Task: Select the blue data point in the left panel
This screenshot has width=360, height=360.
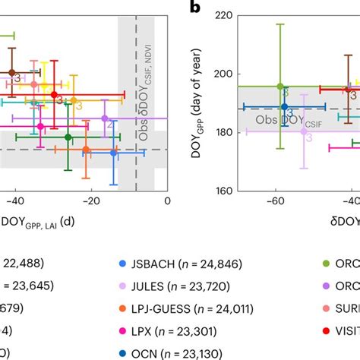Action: point(114,153)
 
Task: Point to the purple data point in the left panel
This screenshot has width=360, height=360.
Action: point(105,118)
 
